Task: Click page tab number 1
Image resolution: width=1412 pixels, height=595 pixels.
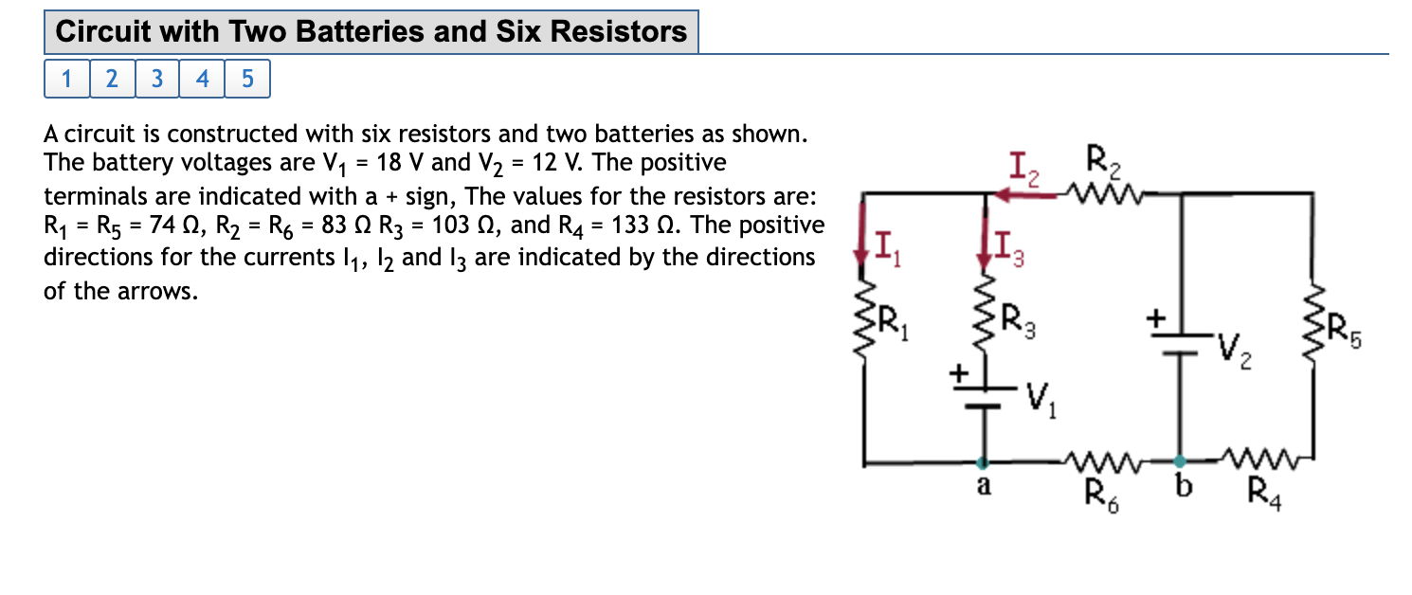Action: [66, 79]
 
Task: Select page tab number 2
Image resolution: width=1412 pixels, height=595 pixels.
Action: [112, 79]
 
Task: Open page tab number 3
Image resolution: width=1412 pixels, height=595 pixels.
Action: [157, 79]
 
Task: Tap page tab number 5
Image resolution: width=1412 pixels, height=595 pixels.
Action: [247, 79]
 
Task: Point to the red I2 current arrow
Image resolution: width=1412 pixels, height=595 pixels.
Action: [1019, 194]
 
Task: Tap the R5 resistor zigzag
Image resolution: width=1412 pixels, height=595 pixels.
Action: [1313, 322]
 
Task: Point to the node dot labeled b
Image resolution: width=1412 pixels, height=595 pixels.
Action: [1179, 463]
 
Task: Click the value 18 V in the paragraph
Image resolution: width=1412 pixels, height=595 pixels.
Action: [399, 163]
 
